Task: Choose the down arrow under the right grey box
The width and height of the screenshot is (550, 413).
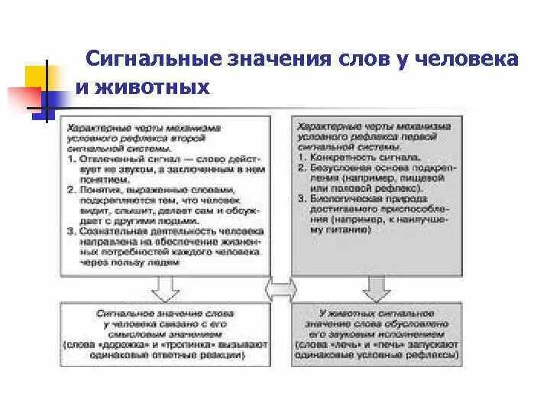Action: [x=377, y=288]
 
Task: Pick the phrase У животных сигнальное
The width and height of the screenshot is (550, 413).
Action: [x=378, y=314]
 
